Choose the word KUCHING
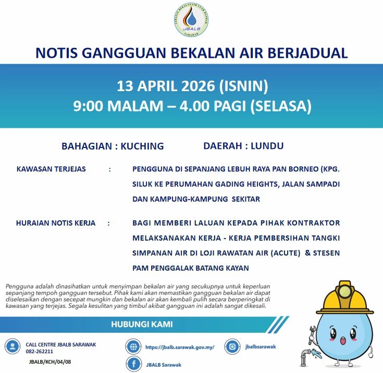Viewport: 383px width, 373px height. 142,146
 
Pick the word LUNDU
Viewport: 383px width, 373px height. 267,146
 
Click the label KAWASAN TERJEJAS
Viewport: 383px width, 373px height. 51,169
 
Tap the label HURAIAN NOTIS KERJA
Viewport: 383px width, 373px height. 56,223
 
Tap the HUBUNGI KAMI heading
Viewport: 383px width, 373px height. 142,325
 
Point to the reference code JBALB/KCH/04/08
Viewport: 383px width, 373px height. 51,361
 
